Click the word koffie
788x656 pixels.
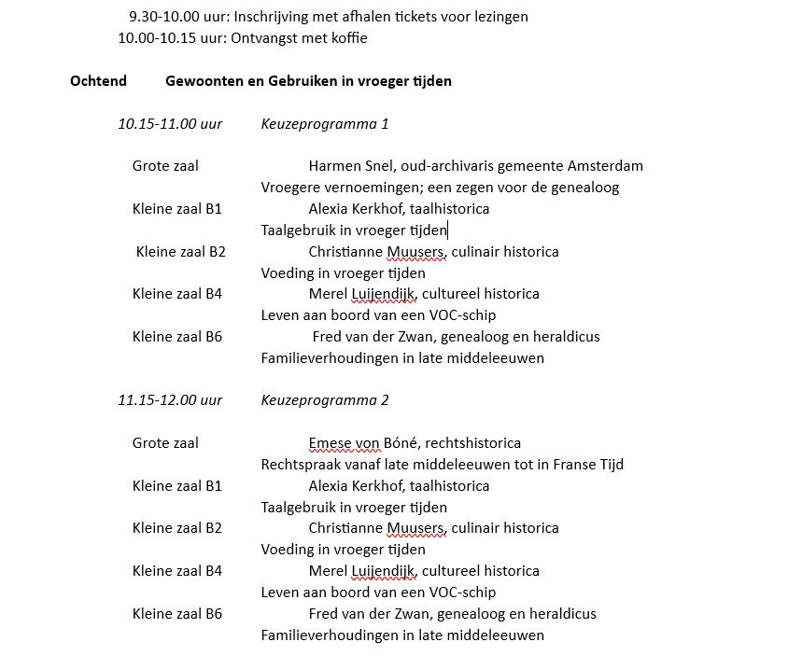pos(346,38)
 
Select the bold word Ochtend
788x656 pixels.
pos(98,81)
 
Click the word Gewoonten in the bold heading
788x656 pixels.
pos(203,81)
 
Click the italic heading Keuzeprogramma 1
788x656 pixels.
pos(324,124)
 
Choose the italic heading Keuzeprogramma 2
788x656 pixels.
pos(324,400)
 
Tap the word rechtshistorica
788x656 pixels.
pos(470,443)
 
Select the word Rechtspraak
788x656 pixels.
pos(301,465)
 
